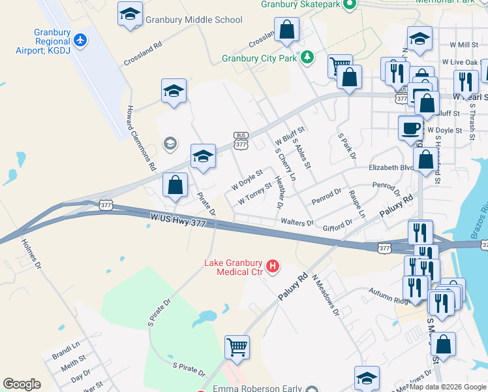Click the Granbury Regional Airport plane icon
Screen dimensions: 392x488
pyautogui.click(x=80, y=40)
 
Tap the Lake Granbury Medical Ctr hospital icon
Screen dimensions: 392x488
pyautogui.click(x=273, y=267)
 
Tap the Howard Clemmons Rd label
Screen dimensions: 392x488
pyautogui.click(x=142, y=138)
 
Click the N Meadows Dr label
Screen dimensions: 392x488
pyautogui.click(x=326, y=293)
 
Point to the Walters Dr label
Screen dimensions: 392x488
pyautogui.click(x=297, y=223)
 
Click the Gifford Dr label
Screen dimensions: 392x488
pyautogui.click(x=337, y=225)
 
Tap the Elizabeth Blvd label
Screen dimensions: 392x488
pyautogui.click(x=391, y=168)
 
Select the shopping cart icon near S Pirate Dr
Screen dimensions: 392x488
pyautogui.click(x=237, y=347)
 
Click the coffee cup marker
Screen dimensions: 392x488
pyautogui.click(x=410, y=127)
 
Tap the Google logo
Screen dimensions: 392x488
pyautogui.click(x=22, y=384)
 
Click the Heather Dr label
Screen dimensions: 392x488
pyautogui.click(x=279, y=193)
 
